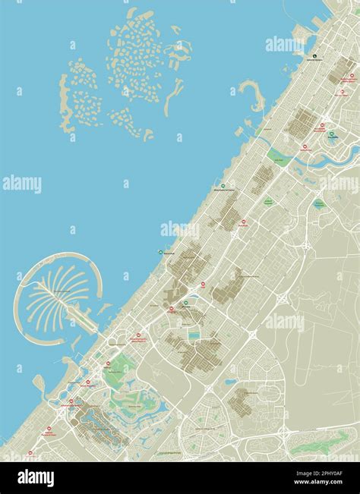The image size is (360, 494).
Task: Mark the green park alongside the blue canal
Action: click(278, 156)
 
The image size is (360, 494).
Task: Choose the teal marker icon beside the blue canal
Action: click(331, 135)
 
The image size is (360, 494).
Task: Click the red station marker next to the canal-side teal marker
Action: click(321, 126)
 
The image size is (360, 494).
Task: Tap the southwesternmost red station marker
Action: click(31, 453)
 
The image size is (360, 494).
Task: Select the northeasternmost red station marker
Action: click(352, 76)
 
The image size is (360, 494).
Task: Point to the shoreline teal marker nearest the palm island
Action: click(159, 251)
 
